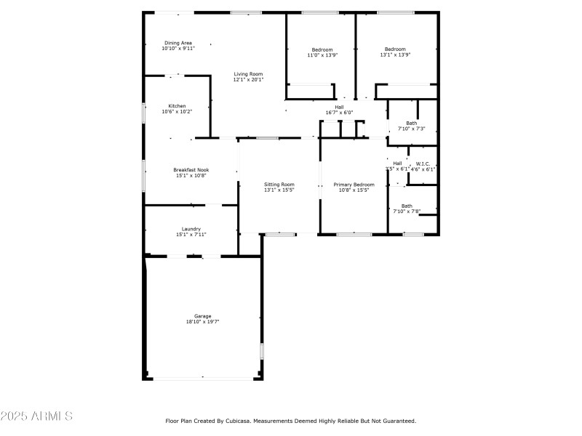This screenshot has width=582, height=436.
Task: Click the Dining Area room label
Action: tap(178, 43)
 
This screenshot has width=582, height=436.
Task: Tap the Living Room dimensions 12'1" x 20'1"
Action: tap(248, 80)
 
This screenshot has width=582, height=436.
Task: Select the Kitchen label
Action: tap(178, 106)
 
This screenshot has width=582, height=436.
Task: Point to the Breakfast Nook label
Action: tap(190, 169)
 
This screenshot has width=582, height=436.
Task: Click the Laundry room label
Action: tap(191, 229)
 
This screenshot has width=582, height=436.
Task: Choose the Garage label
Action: tap(202, 316)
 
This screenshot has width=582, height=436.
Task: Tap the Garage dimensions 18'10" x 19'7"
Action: tap(202, 321)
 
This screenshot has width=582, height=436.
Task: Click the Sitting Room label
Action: tap(279, 185)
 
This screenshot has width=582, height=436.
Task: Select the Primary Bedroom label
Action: tap(354, 185)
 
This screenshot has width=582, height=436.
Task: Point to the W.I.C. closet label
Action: tap(423, 163)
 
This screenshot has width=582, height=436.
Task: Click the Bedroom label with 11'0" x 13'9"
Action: tap(322, 49)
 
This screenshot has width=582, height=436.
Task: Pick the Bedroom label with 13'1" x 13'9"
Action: tap(395, 49)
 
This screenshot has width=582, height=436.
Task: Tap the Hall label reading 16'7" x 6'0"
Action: tap(339, 107)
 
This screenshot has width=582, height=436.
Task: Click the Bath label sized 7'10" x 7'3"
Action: tap(412, 123)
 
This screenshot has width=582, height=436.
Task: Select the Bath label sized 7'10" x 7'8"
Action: tap(407, 206)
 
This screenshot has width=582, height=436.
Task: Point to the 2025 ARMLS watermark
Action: tap(36, 416)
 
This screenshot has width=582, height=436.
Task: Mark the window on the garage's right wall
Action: tap(262, 351)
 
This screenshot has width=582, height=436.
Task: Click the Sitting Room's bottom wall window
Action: tap(280, 234)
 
